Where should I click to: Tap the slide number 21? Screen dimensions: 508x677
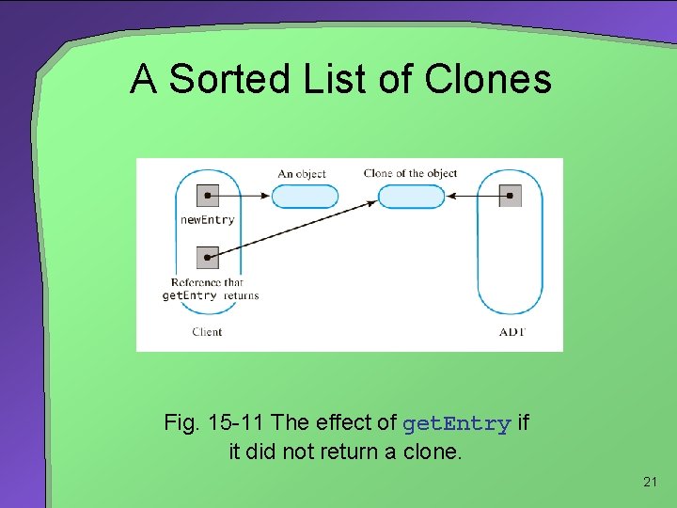coord(650,483)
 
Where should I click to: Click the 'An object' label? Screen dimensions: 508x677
coord(302,174)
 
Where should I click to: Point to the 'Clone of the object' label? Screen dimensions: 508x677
coord(410,173)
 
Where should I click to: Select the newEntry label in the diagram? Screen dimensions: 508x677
coord(207,220)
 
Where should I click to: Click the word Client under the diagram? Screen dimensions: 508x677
coord(207,331)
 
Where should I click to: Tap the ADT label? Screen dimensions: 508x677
coord(511,331)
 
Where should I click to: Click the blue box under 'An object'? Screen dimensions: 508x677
coord(305,197)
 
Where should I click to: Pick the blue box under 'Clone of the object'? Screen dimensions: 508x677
coord(410,197)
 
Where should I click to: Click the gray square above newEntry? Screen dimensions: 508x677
coord(208,196)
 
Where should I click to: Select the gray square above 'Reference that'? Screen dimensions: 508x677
coord(208,257)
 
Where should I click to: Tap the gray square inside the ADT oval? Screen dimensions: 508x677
coord(510,196)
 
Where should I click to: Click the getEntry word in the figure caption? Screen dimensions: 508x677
coord(456,424)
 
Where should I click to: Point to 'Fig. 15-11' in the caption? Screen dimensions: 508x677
coord(213,423)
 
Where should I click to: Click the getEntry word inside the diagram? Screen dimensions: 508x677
coord(190,295)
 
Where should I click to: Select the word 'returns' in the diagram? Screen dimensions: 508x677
coord(241,295)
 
